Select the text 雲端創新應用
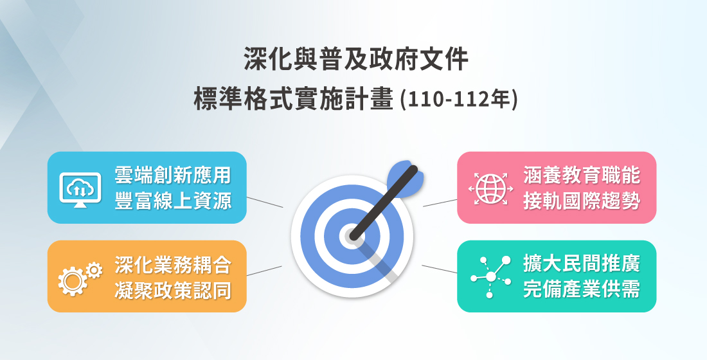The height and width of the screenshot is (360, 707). click(172, 174)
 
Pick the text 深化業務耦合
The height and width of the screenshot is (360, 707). click(172, 264)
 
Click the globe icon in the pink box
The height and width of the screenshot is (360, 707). click(490, 188)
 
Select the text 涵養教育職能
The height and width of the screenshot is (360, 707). click(581, 174)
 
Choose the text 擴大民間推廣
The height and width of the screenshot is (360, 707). click(581, 264)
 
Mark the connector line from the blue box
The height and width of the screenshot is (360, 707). click(264, 202)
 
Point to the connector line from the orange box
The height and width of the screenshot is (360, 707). click(264, 271)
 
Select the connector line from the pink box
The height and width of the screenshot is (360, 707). click(440, 203)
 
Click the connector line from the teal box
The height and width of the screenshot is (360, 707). click(440, 269)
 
